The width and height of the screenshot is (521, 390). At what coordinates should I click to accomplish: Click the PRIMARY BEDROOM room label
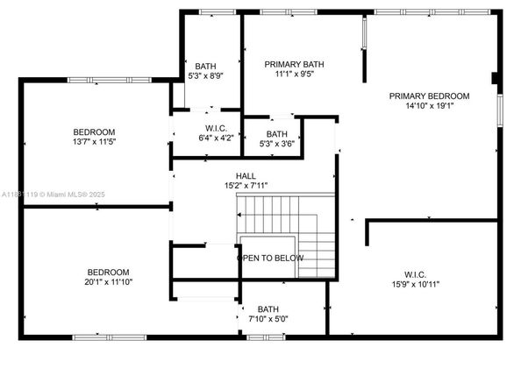(x=429, y=96)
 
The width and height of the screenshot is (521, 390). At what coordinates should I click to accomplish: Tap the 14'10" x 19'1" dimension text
(x=430, y=106)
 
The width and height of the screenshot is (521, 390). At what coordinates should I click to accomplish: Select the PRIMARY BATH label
(x=294, y=64)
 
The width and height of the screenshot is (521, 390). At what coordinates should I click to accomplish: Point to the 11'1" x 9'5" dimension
(x=295, y=74)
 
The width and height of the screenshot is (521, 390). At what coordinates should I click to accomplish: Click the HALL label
(x=246, y=176)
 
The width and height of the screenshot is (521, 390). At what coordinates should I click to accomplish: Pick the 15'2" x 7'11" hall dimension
(x=246, y=186)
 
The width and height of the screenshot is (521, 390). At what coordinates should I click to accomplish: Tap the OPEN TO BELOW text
(x=270, y=258)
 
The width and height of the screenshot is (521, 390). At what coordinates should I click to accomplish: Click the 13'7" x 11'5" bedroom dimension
(x=94, y=142)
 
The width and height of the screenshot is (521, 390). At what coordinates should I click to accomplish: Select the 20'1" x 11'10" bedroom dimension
(x=108, y=282)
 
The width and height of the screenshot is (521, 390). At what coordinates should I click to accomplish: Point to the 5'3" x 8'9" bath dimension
(x=205, y=76)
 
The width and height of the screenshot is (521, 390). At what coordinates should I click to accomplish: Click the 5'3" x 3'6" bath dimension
(x=277, y=144)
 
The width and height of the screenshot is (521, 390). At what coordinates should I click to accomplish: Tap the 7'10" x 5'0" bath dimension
(x=268, y=319)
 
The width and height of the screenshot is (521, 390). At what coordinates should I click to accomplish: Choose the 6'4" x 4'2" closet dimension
(x=217, y=138)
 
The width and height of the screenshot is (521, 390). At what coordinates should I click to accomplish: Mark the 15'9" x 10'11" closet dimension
(x=416, y=285)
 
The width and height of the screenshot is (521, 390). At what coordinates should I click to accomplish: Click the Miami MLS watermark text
(x=54, y=195)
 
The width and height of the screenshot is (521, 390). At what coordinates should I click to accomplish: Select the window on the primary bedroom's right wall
(x=500, y=110)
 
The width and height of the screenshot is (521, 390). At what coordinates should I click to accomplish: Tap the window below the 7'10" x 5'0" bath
(x=266, y=337)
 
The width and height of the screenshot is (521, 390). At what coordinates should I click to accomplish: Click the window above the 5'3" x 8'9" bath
(x=218, y=12)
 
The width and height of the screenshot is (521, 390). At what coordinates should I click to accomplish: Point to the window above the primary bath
(x=289, y=12)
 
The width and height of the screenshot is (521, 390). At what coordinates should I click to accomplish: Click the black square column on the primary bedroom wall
(x=495, y=78)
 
